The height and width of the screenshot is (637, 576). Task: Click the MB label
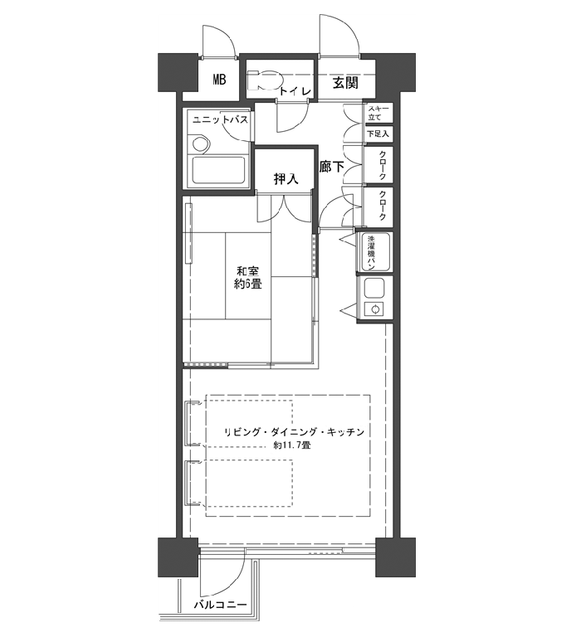[219, 80]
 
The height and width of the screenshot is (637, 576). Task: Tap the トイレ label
[295, 91]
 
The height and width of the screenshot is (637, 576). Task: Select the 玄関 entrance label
[345, 83]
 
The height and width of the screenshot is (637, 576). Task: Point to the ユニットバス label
[220, 119]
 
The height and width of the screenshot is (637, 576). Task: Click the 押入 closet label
[286, 178]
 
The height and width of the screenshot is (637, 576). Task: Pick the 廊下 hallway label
[332, 167]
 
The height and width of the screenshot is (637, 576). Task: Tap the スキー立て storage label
[378, 113]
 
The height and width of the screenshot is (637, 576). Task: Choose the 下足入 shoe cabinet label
[378, 134]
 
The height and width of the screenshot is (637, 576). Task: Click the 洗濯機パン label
[371, 253]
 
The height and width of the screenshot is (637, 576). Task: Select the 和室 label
[248, 270]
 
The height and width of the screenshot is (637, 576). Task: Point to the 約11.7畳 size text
[292, 445]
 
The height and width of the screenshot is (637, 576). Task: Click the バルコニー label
[220, 605]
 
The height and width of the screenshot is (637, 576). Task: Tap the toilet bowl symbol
[265, 80]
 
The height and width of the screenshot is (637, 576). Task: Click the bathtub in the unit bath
[218, 170]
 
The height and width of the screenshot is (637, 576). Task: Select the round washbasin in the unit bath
[200, 143]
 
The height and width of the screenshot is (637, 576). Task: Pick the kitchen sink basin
[374, 289]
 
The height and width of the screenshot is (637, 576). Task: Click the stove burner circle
[375, 309]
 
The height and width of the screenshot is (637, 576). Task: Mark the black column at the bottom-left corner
[178, 557]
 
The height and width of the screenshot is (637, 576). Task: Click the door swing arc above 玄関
[346, 31]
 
